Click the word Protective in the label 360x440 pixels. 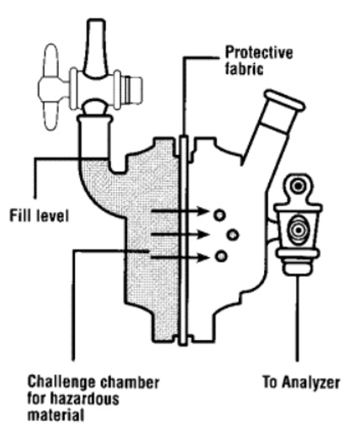point(259,53)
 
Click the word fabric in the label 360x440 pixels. point(245,69)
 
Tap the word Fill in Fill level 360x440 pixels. point(21,215)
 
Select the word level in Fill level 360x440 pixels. point(52,215)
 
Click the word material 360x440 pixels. point(56,415)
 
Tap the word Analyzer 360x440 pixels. point(311,383)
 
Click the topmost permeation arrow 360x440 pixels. point(179,210)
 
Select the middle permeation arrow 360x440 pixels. point(179,234)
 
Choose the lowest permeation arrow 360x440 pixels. point(179,257)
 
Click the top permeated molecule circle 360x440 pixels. point(220,215)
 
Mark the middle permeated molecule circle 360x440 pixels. point(233,235)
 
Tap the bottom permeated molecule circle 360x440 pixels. point(221,257)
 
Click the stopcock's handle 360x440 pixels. point(50,87)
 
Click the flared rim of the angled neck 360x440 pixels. point(285,99)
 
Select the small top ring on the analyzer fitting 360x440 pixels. point(298,186)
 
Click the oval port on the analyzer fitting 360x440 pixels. point(298,231)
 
